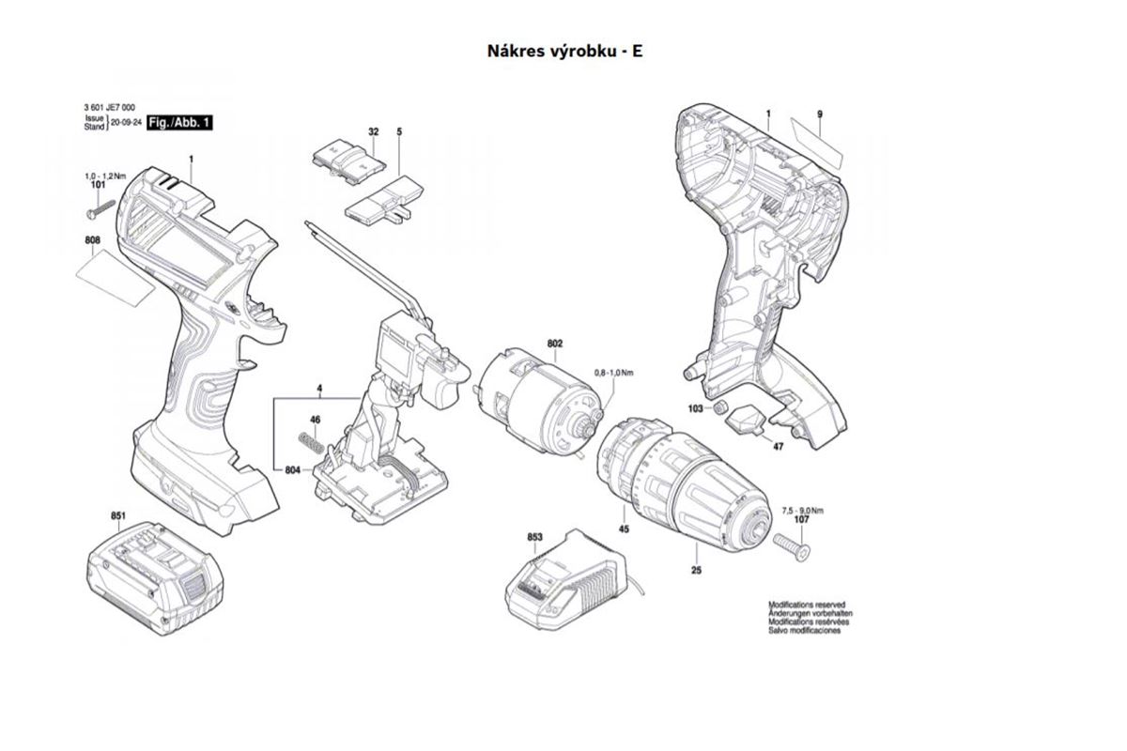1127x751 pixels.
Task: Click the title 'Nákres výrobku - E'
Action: pos(564,51)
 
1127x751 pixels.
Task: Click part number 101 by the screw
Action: pos(97,186)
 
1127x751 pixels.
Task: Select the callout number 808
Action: pos(92,241)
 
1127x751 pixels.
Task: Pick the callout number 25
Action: pos(696,570)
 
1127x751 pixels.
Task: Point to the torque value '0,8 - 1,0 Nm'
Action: pos(614,373)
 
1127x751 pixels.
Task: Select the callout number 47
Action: pos(778,447)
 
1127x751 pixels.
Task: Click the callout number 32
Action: pos(373,132)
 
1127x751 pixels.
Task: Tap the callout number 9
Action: pos(819,115)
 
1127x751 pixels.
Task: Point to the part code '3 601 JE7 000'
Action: pos(109,109)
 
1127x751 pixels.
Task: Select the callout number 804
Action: pos(294,468)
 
